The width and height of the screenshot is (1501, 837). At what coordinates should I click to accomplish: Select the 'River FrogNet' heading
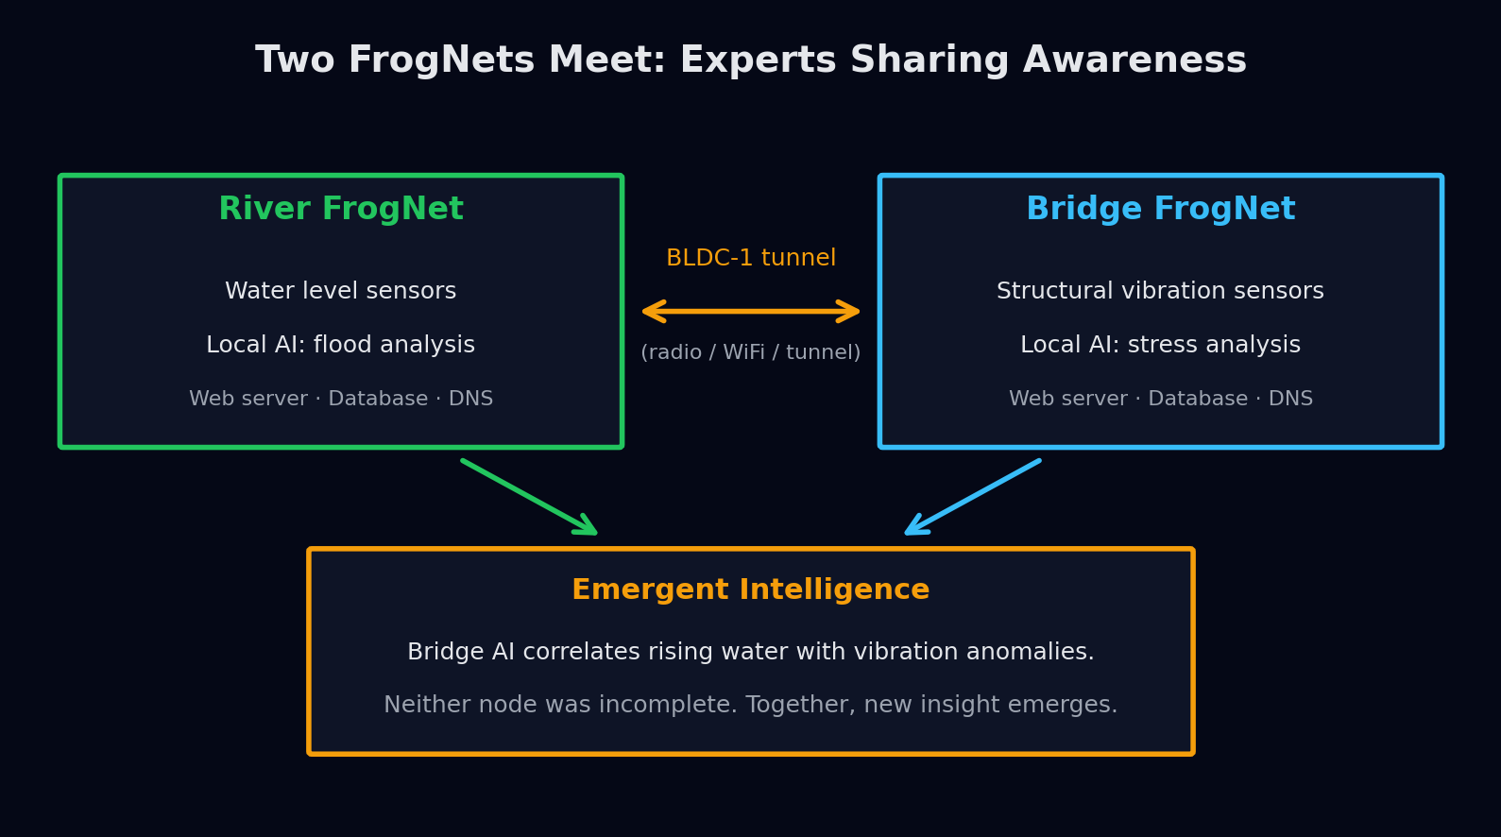click(x=341, y=209)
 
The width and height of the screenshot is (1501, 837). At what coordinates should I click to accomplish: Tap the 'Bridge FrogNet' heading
click(x=1160, y=209)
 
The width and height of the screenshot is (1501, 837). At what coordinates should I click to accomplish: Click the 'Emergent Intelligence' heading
click(x=750, y=590)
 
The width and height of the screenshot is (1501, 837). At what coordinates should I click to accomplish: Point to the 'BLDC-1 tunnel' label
click(x=751, y=258)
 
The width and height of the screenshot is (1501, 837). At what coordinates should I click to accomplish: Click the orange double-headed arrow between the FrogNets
click(x=751, y=311)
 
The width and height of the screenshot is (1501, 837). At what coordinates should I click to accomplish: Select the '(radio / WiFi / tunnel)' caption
click(x=751, y=352)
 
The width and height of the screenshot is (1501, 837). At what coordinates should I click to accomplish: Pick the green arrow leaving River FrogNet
click(x=528, y=496)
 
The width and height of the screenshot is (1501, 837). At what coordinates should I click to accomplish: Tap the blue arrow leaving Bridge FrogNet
click(x=974, y=496)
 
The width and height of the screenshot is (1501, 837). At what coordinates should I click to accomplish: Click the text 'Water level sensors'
click(x=341, y=291)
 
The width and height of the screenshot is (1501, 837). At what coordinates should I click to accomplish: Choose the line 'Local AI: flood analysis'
click(x=341, y=345)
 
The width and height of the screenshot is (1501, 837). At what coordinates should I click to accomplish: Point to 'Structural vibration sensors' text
click(x=1160, y=291)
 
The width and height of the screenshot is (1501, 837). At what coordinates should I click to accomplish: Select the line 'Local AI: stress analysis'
click(x=1160, y=345)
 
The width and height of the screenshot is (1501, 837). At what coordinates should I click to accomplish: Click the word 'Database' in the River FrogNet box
click(x=378, y=399)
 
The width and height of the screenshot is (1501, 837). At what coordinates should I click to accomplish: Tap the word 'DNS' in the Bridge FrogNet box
click(x=1290, y=399)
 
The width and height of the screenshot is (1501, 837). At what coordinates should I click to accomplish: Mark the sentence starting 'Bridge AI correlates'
click(x=750, y=652)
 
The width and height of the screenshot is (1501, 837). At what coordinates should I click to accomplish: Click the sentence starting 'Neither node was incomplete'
click(x=750, y=705)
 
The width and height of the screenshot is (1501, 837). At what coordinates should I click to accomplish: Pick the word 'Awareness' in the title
click(x=1134, y=61)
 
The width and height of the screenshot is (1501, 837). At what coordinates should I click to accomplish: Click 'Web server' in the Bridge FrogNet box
click(x=1066, y=399)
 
